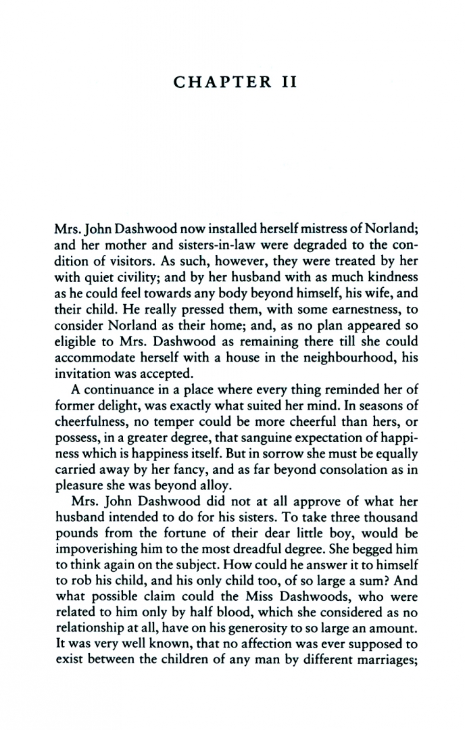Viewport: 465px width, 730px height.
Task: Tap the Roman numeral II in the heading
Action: point(284,83)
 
